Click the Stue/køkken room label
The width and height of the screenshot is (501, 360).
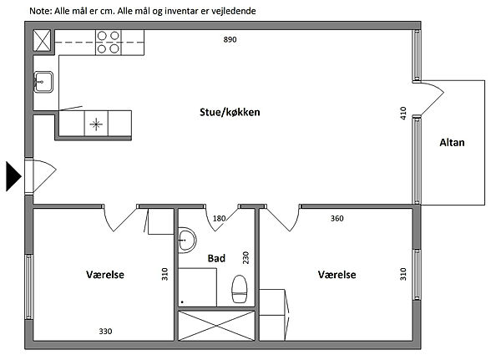[230, 112]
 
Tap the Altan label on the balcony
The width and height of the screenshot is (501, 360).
[452, 142]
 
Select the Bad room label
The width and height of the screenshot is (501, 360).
[216, 258]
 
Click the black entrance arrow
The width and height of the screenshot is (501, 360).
[13, 176]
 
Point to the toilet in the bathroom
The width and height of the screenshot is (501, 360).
[240, 289]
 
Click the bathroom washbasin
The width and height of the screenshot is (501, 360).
[187, 240]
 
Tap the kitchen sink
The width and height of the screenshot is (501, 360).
[43, 82]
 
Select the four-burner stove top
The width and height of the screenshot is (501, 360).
[109, 43]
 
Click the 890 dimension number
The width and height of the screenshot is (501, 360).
[230, 39]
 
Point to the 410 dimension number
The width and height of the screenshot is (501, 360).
[403, 114]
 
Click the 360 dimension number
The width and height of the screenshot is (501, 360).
[337, 218]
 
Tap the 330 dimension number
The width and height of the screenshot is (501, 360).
[105, 332]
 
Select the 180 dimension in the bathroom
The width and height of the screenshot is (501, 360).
[219, 218]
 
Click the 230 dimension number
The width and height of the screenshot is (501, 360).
[245, 258]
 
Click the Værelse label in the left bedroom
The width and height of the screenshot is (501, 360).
[105, 275]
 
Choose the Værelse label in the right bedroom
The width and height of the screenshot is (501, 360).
[337, 275]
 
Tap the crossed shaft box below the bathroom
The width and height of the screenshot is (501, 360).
[216, 326]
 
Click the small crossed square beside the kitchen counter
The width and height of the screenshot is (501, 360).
[43, 41]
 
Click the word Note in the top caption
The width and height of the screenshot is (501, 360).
[39, 11]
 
